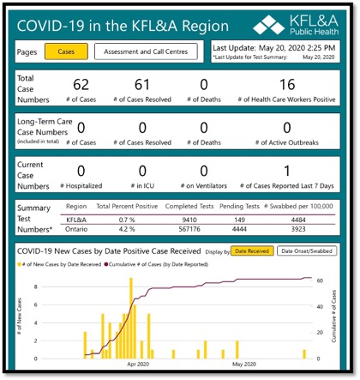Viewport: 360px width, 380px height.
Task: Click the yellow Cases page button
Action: click(65, 51)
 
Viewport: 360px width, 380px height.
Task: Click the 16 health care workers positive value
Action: click(287, 86)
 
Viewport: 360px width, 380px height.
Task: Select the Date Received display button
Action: click(252, 250)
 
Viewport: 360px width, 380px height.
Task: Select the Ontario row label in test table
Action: click(78, 229)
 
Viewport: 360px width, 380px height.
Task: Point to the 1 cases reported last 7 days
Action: click(287, 172)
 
